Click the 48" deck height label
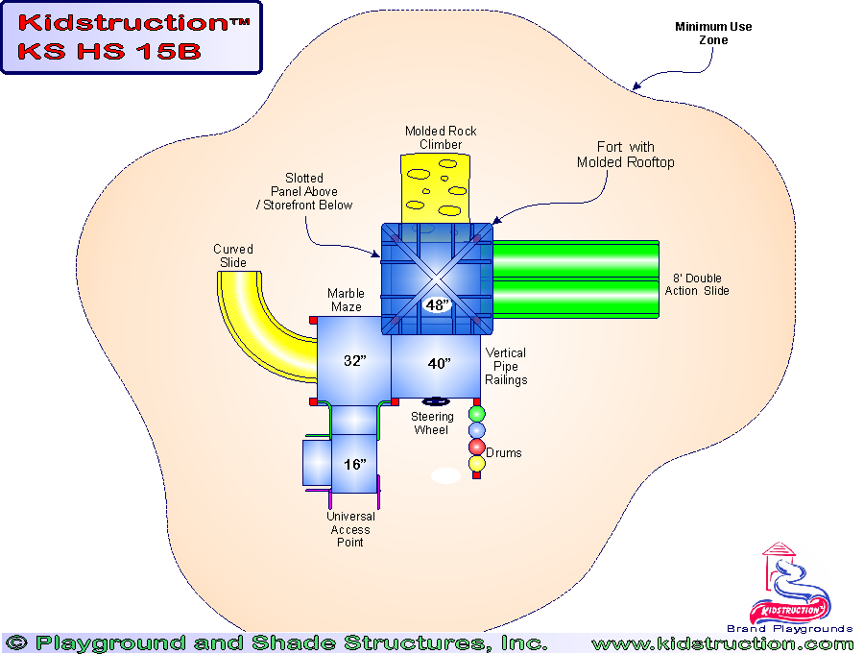(x=437, y=305)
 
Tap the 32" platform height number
(x=355, y=361)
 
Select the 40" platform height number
(x=438, y=364)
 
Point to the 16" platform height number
(x=355, y=464)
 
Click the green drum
(x=477, y=414)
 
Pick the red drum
(x=477, y=448)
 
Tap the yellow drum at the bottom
(x=477, y=464)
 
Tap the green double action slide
(x=574, y=279)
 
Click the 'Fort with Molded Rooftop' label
(x=625, y=155)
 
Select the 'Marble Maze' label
(x=345, y=301)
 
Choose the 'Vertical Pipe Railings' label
(x=506, y=367)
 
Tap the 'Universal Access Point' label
(x=350, y=529)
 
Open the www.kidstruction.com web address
(x=722, y=643)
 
